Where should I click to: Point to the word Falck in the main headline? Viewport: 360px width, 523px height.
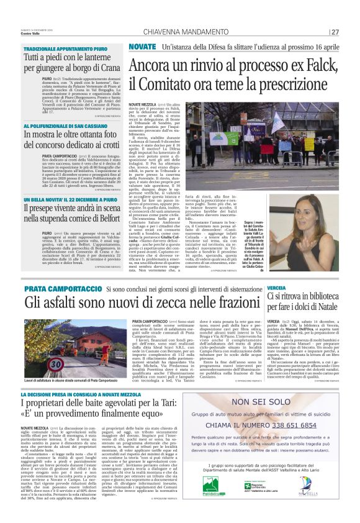309,64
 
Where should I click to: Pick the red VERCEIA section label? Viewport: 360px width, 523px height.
277,289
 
